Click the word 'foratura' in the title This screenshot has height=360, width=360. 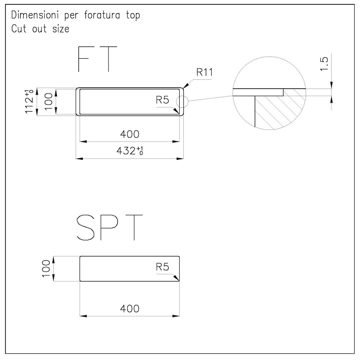tap(102, 15)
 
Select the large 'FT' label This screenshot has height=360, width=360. tap(97, 59)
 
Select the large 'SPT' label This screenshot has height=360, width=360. tap(110, 228)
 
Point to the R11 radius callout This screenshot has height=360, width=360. tap(205, 72)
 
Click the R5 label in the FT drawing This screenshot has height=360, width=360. tap(162, 100)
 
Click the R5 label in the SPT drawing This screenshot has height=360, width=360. tap(162, 267)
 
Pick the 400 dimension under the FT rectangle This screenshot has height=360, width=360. tap(130, 134)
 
